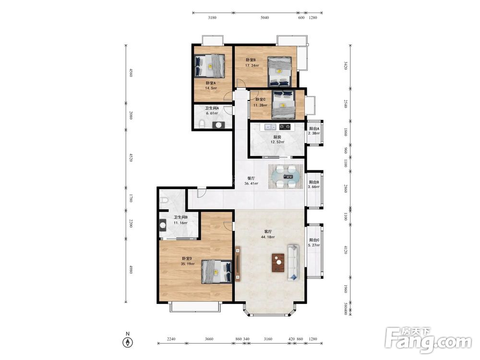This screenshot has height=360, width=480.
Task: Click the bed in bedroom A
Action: tap(210, 66)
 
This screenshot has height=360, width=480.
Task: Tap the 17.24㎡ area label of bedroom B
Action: tap(252, 65)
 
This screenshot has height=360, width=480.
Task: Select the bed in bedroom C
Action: tap(284, 104)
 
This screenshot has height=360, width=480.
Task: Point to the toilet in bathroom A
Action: tap(202, 124)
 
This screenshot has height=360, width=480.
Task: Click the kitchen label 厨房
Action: tap(277, 137)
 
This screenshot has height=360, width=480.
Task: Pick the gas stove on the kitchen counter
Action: tap(285, 126)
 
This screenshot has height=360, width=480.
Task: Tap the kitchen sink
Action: tap(270, 126)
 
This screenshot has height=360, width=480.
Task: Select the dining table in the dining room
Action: tap(286, 176)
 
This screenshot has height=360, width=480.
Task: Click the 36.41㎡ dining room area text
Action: tap(251, 184)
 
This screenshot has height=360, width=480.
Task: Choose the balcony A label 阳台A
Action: tap(314, 129)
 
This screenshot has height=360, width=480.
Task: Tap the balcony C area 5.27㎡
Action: tap(314, 245)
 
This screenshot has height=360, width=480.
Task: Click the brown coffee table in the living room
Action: tap(278, 263)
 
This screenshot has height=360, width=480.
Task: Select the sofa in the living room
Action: tap(293, 263)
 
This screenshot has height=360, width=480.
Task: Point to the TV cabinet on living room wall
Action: tap(238, 264)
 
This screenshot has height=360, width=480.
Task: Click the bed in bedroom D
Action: tap(216, 272)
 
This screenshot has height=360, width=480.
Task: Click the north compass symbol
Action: tap(128, 342)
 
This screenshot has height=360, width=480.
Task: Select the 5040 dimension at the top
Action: tap(264, 18)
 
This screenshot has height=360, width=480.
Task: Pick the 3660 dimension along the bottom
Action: tap(209, 339)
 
